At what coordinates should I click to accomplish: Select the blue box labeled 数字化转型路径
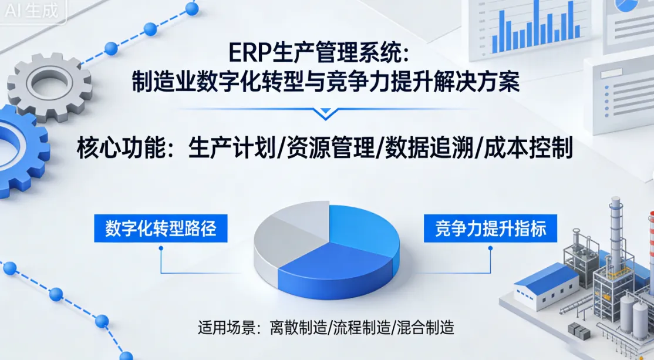pos(160,228)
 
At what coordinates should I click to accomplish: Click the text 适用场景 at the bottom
pos(221,327)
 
